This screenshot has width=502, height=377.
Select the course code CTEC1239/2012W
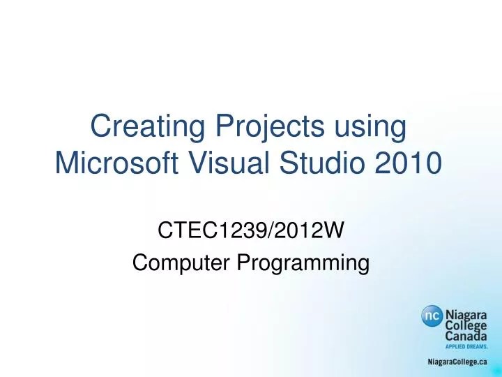[251, 230]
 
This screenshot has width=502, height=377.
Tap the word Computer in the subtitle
[182, 263]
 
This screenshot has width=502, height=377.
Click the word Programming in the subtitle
[303, 263]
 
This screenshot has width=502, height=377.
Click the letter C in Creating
[100, 128]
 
